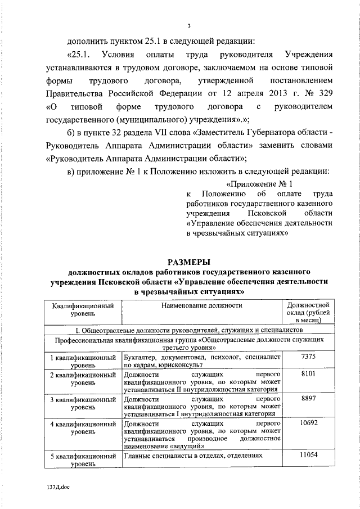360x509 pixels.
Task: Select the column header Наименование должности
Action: tap(201, 305)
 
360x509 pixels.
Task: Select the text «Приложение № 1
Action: tap(259, 184)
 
